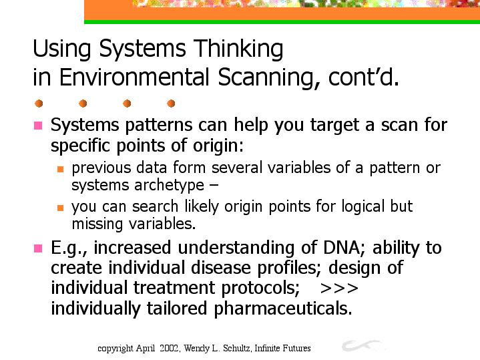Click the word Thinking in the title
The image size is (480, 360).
(x=238, y=49)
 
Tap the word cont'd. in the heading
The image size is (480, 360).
(x=364, y=77)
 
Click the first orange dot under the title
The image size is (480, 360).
(x=39, y=104)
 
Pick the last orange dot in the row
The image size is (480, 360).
(x=171, y=104)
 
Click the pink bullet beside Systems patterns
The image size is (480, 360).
(x=38, y=126)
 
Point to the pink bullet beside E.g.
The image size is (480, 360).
(x=38, y=248)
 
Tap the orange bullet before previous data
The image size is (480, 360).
(x=60, y=169)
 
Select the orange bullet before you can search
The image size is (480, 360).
(x=60, y=208)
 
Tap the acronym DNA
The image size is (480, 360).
(x=344, y=248)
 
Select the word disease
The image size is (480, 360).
(x=221, y=268)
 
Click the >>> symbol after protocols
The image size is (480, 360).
(x=339, y=289)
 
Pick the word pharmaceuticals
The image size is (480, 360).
(x=283, y=309)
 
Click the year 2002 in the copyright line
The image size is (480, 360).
(x=169, y=348)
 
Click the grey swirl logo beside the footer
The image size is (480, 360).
(x=361, y=345)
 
